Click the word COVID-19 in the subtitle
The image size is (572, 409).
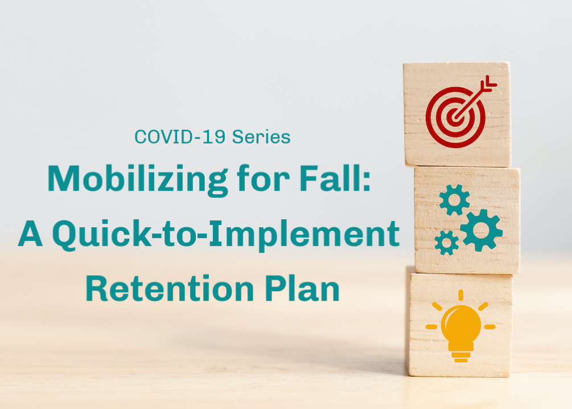180,137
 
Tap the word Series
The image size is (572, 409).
261,137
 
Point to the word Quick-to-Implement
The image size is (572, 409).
226,235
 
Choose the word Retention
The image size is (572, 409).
170,288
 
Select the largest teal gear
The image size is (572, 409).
481,230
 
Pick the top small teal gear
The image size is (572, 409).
454,200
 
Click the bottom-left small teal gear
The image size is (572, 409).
447,243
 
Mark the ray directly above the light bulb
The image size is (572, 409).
461,295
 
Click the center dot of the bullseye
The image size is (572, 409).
455,117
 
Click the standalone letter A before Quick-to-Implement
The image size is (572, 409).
31,234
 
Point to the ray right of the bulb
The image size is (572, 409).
490,327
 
